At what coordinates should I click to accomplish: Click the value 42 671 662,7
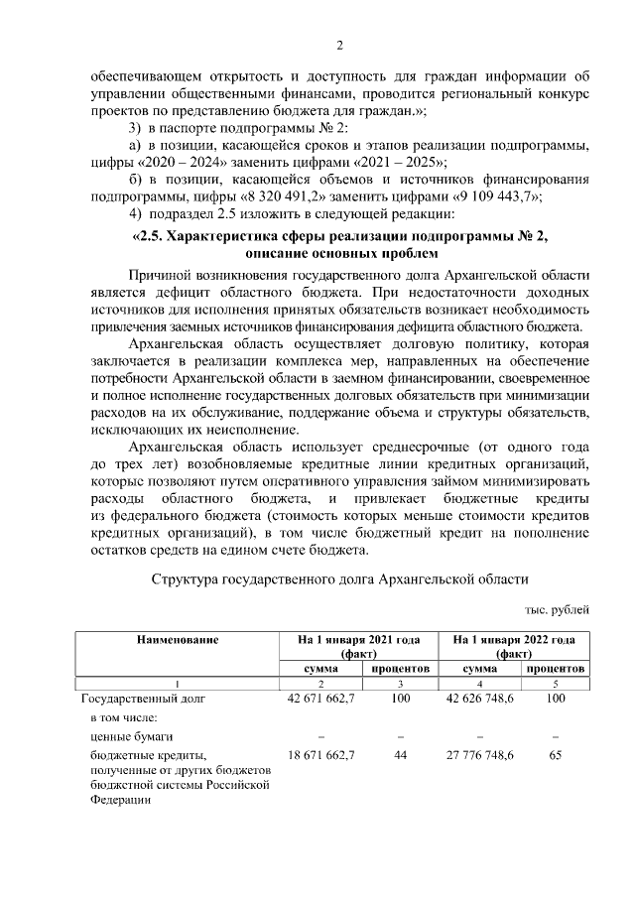[x=320, y=699]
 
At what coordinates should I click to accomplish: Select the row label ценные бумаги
[x=117, y=736]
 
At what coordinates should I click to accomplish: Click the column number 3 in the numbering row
[x=400, y=684]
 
